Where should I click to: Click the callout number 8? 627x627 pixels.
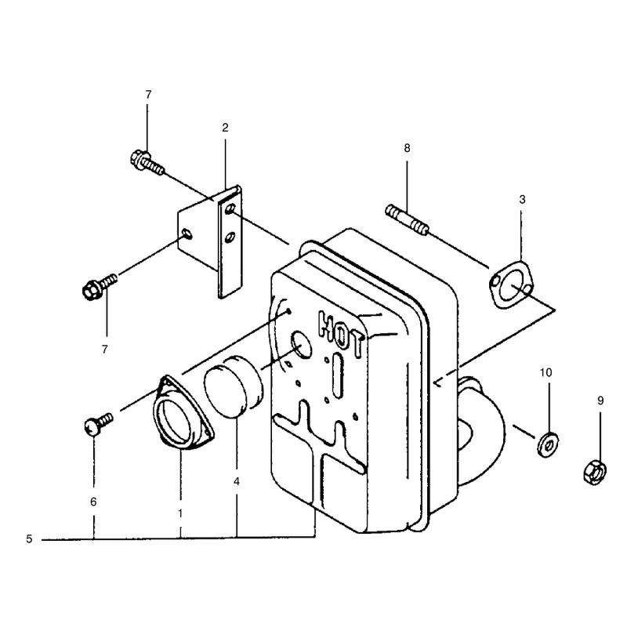coord(407,148)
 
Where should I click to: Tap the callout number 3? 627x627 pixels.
coord(522,200)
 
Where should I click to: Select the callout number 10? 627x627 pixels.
coord(545,373)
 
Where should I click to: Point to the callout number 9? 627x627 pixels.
coord(600,400)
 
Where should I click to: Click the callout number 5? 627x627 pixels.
coord(29,539)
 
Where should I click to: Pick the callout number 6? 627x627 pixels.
coord(93,502)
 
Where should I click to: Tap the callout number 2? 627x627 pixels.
coord(225,128)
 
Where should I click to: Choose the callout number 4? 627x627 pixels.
coord(237,481)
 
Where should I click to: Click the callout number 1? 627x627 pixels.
coord(180,513)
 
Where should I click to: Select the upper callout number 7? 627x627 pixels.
coord(148,95)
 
